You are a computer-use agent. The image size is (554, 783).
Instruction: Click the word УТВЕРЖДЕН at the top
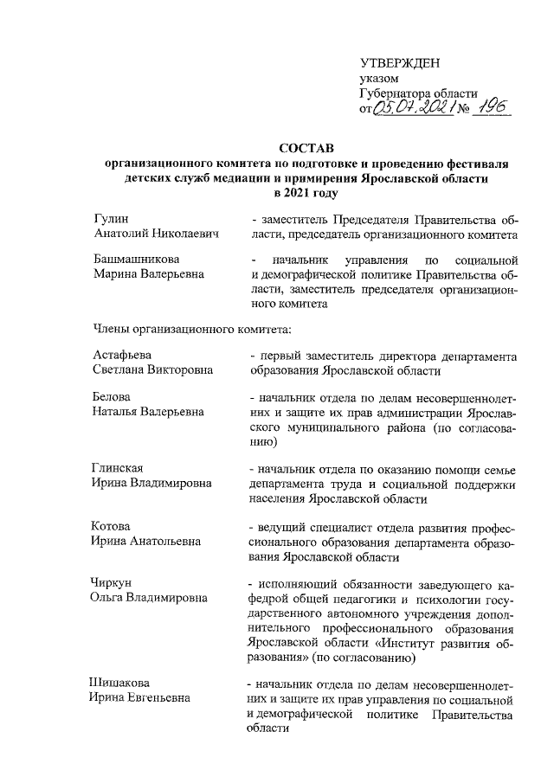pyautogui.click(x=399, y=63)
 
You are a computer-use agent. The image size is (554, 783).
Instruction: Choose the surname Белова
pyautogui.click(x=111, y=397)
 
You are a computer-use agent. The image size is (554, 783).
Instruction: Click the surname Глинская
pyautogui.click(x=118, y=468)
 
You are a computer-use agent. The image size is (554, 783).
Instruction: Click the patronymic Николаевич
pyautogui.click(x=181, y=234)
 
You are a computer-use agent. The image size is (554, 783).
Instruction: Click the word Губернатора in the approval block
pyautogui.click(x=395, y=94)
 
